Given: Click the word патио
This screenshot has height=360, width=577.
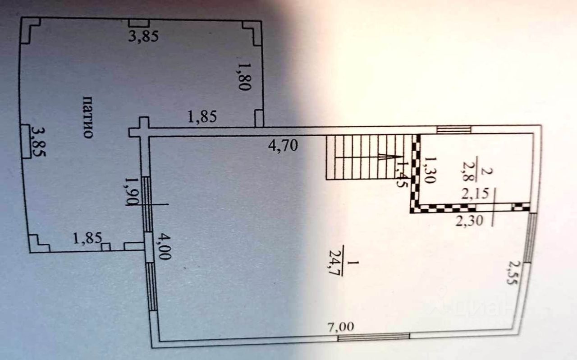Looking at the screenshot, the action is click(x=88, y=117).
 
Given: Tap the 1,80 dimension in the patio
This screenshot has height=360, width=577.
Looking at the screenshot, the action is click(x=243, y=77).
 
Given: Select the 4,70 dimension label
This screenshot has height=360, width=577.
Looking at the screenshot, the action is click(x=283, y=147).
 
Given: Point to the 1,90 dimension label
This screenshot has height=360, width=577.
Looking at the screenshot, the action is click(x=131, y=191).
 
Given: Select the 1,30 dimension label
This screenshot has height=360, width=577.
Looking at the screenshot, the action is click(x=430, y=170).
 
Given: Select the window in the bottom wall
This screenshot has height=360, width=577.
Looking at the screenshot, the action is click(x=374, y=336).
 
